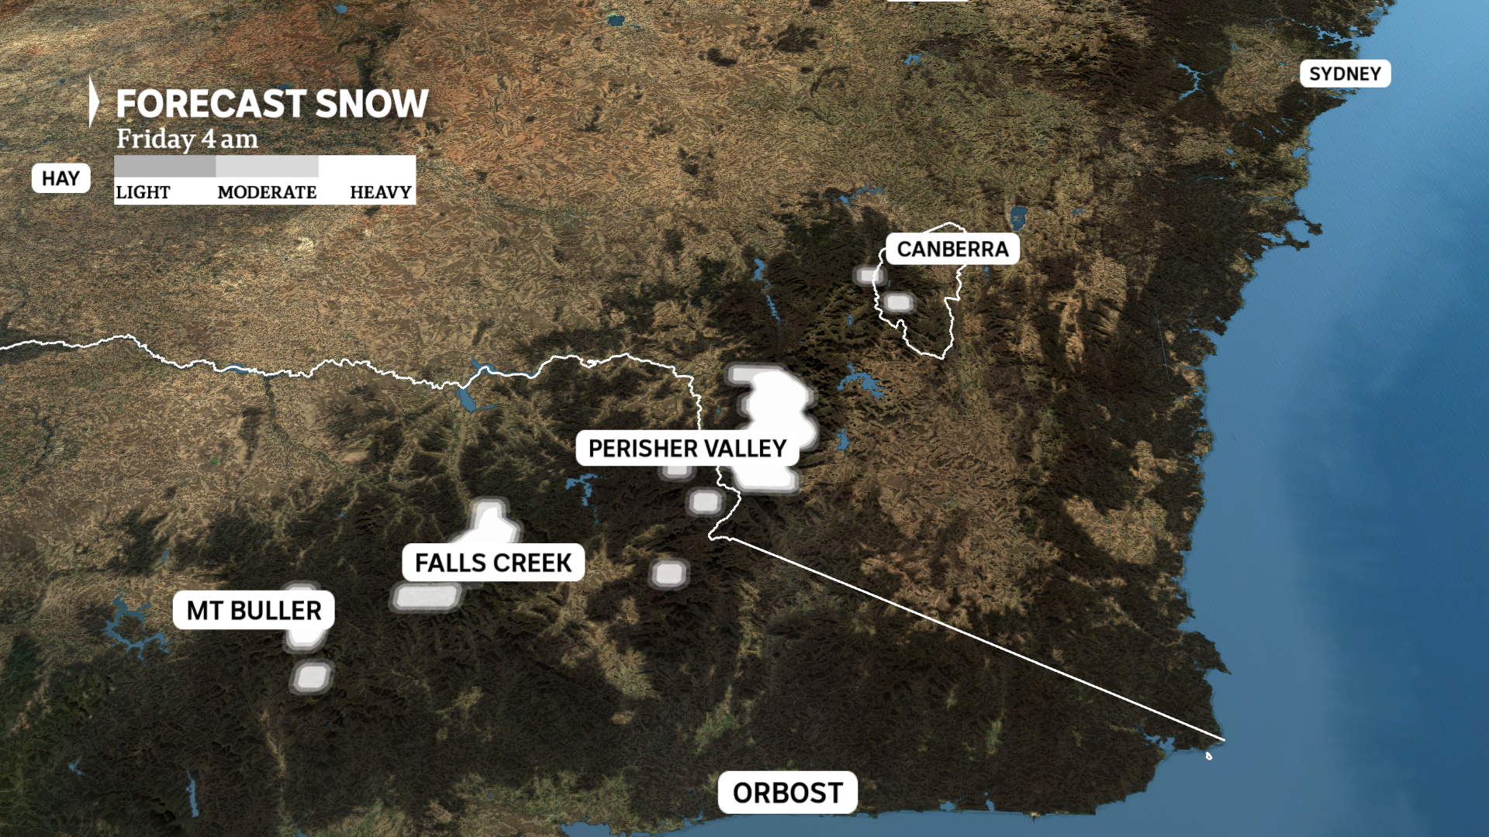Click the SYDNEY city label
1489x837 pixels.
(x=1345, y=74)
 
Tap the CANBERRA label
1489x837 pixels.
(x=952, y=249)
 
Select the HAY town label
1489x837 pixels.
(x=60, y=178)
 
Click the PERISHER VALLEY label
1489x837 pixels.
(x=687, y=449)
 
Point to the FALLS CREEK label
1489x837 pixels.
(x=493, y=563)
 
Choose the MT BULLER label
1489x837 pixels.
(x=254, y=611)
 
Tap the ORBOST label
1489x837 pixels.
(x=787, y=793)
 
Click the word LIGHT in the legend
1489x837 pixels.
(x=143, y=192)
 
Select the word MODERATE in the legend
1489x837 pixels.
(x=267, y=192)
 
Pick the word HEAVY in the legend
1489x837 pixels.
(x=380, y=192)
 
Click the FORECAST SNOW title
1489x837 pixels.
(x=271, y=104)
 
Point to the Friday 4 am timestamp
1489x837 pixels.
(x=187, y=139)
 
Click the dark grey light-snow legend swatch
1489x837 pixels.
(x=164, y=166)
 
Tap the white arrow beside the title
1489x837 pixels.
(x=93, y=102)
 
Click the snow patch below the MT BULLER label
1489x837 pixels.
(x=312, y=677)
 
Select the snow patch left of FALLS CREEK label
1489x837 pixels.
(x=426, y=597)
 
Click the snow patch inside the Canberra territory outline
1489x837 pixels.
(x=899, y=302)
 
